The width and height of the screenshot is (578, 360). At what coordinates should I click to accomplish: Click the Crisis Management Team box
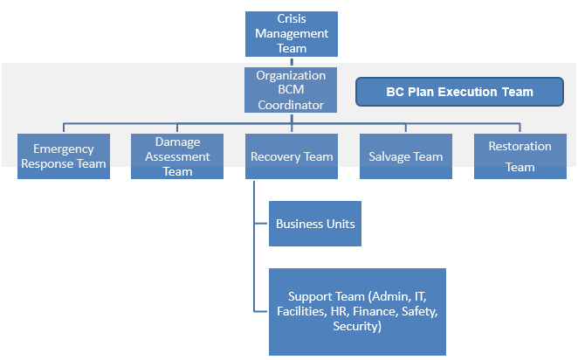[292, 34]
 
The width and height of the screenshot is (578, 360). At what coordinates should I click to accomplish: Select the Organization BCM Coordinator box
[292, 90]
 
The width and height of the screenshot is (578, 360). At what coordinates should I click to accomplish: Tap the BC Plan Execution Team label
[459, 91]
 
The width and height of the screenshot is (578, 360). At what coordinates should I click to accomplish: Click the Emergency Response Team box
[64, 156]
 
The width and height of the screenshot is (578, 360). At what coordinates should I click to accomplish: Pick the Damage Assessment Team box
[178, 156]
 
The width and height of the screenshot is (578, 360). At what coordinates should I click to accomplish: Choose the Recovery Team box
[292, 156]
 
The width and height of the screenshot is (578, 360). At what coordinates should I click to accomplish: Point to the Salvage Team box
[406, 156]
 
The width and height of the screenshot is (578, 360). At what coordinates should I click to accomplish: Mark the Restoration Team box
[520, 156]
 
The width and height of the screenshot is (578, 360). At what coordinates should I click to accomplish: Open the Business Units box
[315, 224]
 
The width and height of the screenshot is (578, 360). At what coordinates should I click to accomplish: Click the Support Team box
[357, 312]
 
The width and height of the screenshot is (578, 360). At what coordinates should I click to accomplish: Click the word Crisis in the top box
[292, 18]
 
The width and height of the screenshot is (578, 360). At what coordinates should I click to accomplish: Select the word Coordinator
[292, 105]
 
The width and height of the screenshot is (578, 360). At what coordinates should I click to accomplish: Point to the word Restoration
[520, 147]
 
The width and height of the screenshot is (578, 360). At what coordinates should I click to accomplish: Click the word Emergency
[64, 149]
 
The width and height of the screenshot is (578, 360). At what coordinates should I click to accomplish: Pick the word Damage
[178, 142]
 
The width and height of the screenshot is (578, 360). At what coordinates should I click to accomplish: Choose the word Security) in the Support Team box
[357, 326]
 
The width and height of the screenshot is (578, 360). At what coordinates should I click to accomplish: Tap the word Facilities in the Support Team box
[300, 312]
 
